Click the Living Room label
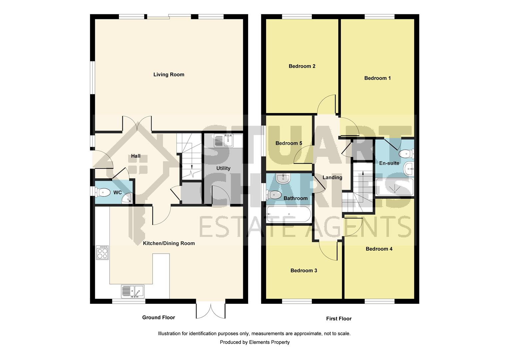(169, 75)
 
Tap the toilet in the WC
(103, 192)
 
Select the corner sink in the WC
(128, 199)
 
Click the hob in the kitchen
(102, 252)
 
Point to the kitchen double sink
(132, 291)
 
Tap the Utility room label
(223, 168)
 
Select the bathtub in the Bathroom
(289, 214)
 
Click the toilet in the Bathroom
(274, 195)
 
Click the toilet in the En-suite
(406, 154)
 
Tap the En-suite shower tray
(394, 188)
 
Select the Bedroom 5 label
(288, 143)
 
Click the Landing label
(332, 178)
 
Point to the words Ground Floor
(159, 317)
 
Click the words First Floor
(339, 319)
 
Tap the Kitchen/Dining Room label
(169, 243)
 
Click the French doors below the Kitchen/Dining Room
(211, 311)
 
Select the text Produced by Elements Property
(254, 342)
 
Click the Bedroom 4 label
(379, 249)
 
